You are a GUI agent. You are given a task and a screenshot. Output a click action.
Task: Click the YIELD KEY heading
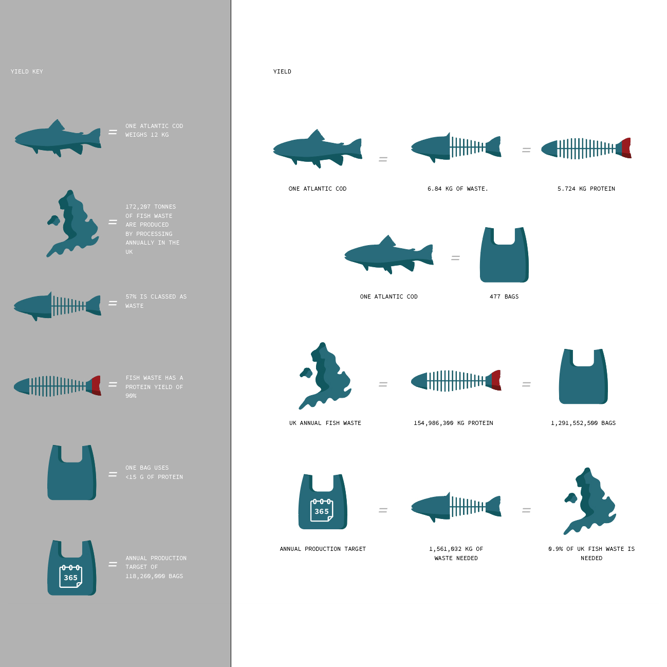coord(27,71)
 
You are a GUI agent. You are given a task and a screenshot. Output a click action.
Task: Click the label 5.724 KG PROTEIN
coord(586,189)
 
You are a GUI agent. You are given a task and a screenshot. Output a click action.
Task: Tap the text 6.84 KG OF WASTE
coord(457,189)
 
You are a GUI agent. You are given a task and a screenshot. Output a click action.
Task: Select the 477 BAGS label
coord(504,297)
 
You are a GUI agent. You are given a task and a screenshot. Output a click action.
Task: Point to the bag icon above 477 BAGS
coord(504,257)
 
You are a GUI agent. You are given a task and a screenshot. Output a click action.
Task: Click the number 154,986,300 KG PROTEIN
coord(453,423)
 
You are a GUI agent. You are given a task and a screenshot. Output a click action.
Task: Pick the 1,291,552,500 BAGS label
coord(583,423)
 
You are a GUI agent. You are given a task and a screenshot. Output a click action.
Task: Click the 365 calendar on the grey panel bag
coord(71,577)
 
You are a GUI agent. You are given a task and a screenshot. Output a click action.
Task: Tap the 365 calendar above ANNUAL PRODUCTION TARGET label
coord(322,510)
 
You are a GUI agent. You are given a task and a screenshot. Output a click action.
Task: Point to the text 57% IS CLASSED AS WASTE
coord(156,301)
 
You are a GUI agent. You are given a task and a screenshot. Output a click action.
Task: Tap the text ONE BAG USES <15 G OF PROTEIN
coord(154,472)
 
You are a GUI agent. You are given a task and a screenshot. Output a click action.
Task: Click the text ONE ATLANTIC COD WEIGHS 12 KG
coord(154,130)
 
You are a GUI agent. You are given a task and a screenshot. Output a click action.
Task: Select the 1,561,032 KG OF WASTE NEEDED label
coord(456,553)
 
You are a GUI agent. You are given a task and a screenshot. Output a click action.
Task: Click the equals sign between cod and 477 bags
coord(455,258)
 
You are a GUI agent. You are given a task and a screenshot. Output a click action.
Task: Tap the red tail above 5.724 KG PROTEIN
coord(625,148)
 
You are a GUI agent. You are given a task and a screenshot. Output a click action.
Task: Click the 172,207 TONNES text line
coord(151,207)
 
